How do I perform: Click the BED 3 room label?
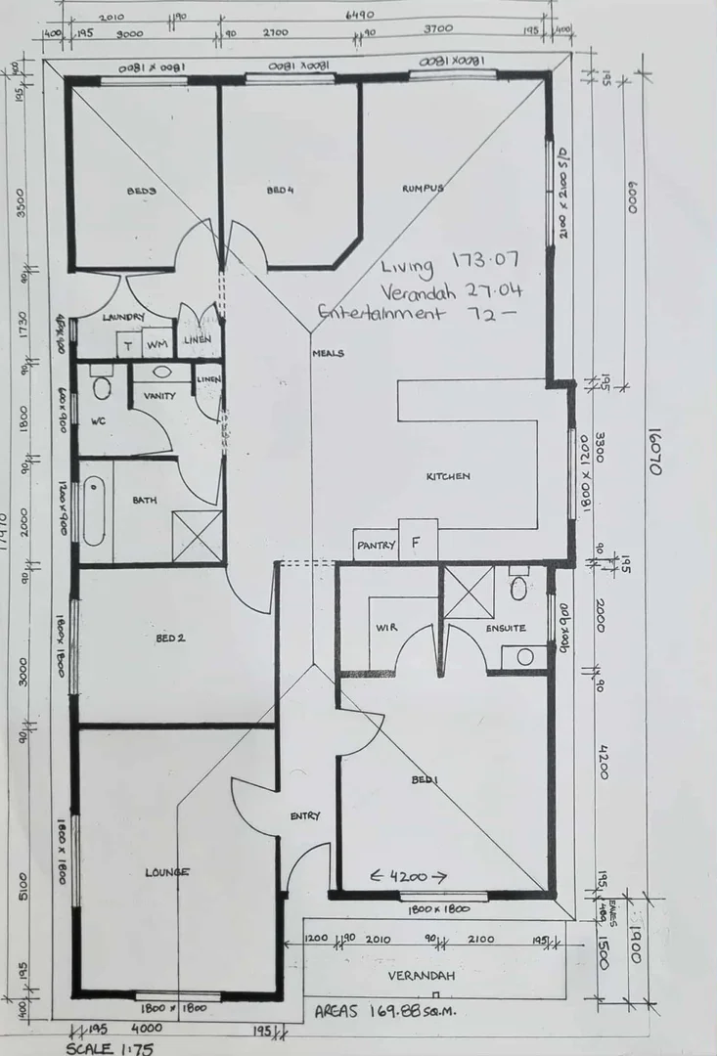pyautogui.click(x=141, y=191)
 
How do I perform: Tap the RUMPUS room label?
pyautogui.click(x=423, y=188)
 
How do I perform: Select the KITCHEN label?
pyautogui.click(x=448, y=476)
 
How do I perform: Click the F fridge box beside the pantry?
pyautogui.click(x=417, y=541)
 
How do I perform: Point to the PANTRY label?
pyautogui.click(x=376, y=545)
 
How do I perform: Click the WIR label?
pyautogui.click(x=385, y=628)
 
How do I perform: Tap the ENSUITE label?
pyautogui.click(x=506, y=628)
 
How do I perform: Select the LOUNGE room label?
pyautogui.click(x=167, y=872)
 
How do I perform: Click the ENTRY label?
pyautogui.click(x=305, y=815)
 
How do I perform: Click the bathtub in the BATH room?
pyautogui.click(x=94, y=510)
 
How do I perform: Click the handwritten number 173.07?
pyautogui.click(x=485, y=261)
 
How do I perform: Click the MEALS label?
pyautogui.click(x=328, y=353)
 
